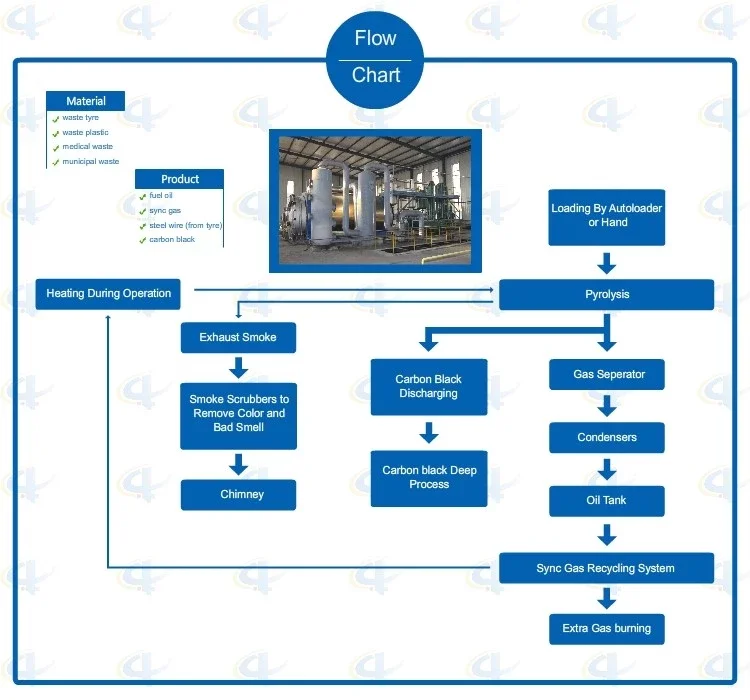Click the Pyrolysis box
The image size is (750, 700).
pos(606,295)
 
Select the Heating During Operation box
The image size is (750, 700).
pos(109,294)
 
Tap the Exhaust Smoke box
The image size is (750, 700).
pos(238,338)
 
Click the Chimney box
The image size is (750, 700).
pos(238,495)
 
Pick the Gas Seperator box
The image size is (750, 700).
pos(607,375)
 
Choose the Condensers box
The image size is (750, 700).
pos(607,438)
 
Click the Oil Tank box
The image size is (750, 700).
pos(607,501)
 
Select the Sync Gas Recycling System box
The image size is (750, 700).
pos(606,568)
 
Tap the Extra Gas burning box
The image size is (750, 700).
pos(607,629)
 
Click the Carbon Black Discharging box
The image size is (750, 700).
pos(429,387)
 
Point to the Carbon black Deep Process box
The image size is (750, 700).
pos(429,478)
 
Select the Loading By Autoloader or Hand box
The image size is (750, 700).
pos(607,216)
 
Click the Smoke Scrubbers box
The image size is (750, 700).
pos(238,414)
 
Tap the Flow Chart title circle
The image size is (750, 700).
pos(375,57)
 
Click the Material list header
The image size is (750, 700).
pos(86,101)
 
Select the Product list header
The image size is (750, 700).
pos(180,179)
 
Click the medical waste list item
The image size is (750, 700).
pos(88,147)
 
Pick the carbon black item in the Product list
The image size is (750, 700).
pos(172,240)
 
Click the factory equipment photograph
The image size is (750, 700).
pos(375,201)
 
